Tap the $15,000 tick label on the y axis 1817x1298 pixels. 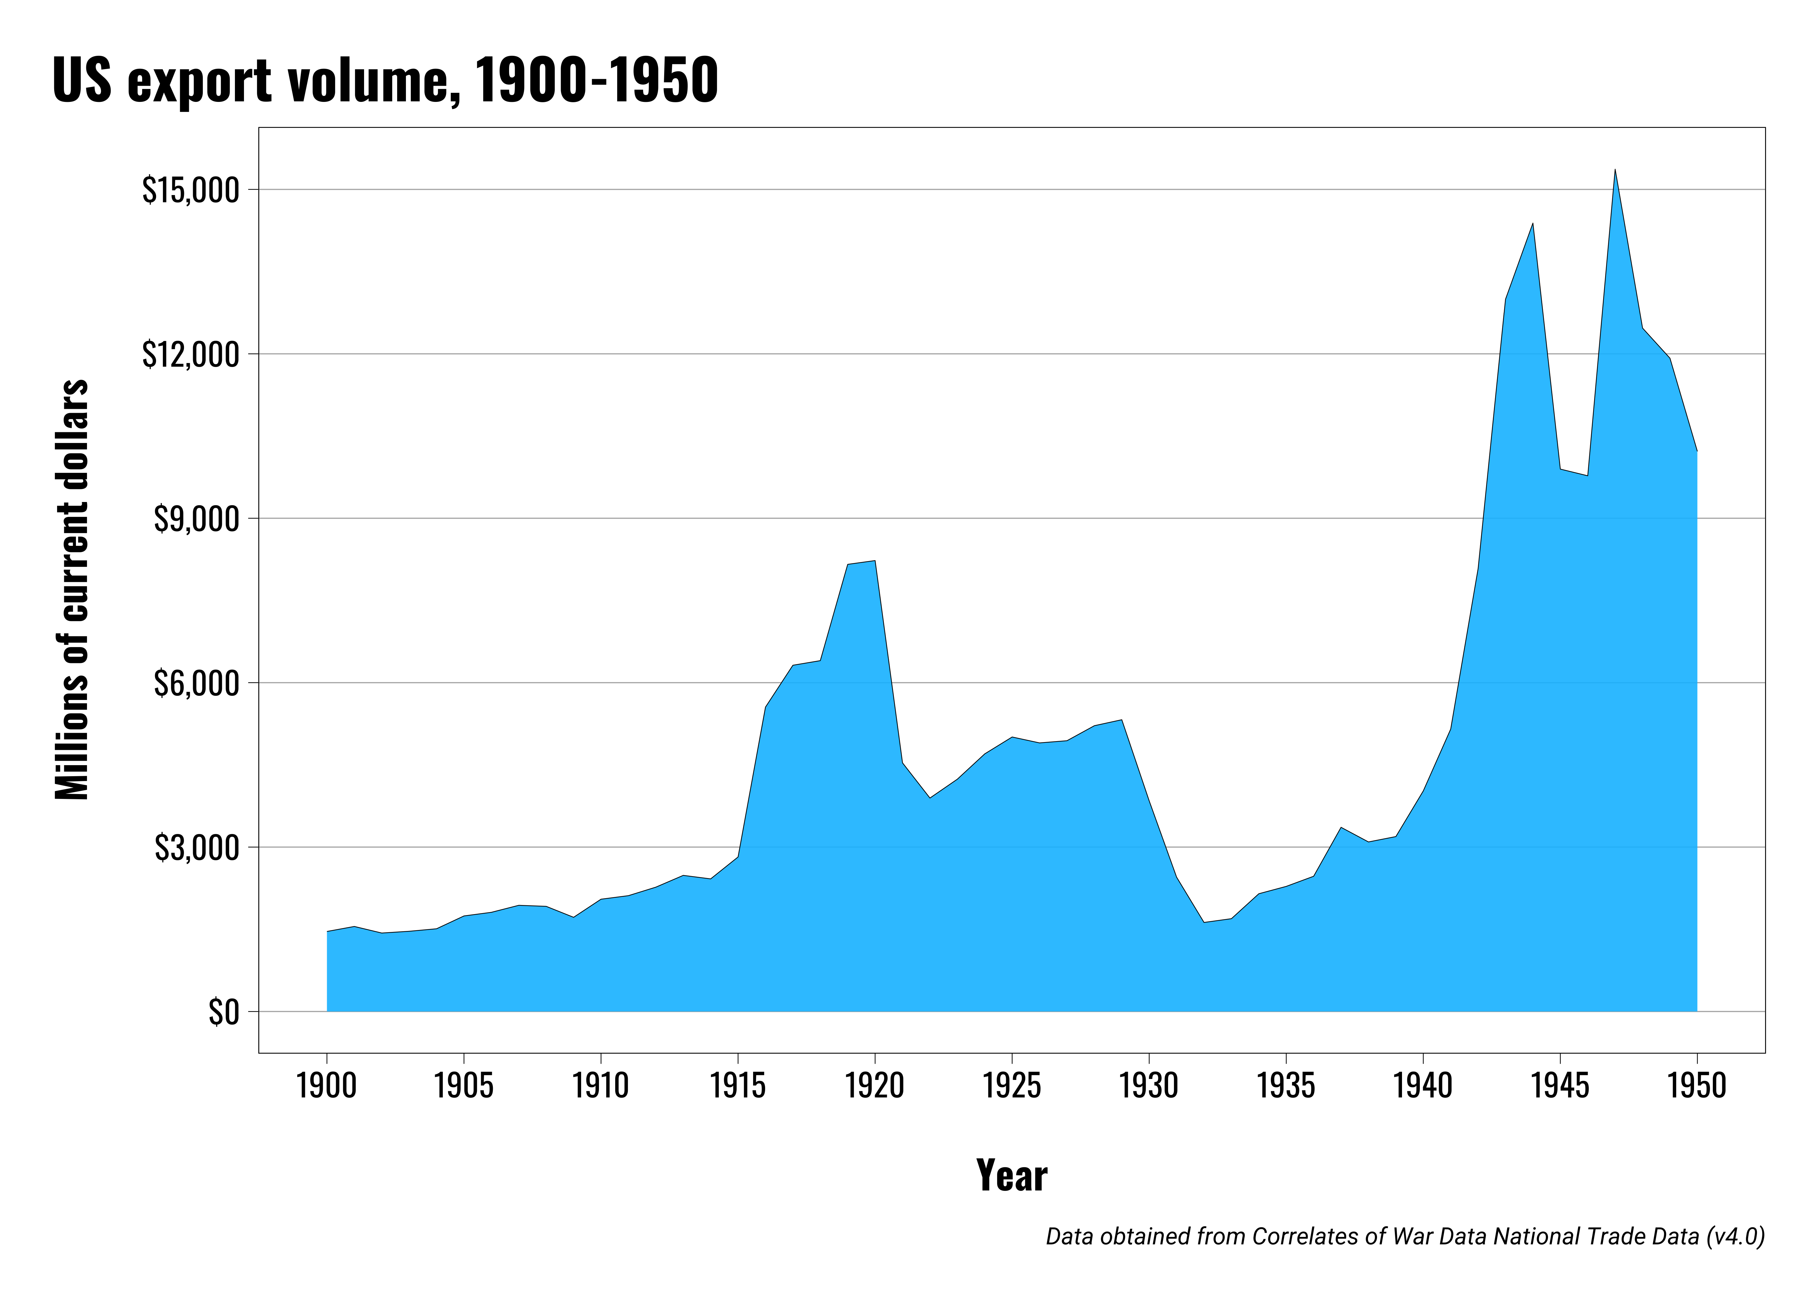tap(190, 190)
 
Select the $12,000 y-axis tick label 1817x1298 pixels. tap(190, 354)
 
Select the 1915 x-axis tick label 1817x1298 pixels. tap(738, 1085)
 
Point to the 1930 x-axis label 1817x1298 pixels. tap(1148, 1085)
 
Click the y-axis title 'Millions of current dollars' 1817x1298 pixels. tap(72, 589)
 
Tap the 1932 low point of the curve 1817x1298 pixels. tap(1203, 922)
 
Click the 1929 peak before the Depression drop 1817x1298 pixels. tap(1121, 720)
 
